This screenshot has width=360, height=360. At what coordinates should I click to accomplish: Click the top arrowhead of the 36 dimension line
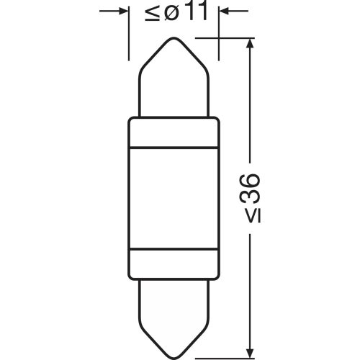point(250,45)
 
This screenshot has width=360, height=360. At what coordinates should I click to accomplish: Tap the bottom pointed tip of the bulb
point(173,335)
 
